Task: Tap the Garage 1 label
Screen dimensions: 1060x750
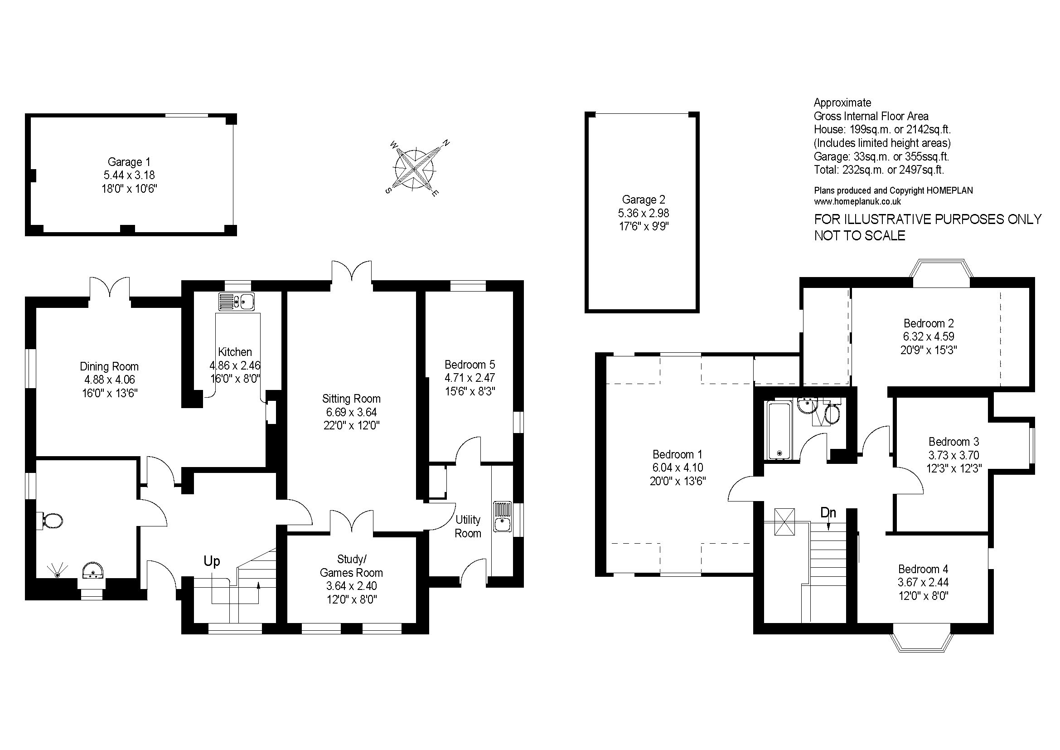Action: click(x=129, y=162)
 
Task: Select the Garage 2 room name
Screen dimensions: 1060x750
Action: click(x=644, y=200)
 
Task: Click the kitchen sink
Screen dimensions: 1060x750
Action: click(x=237, y=302)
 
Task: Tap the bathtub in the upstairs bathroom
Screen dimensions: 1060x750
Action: click(x=780, y=430)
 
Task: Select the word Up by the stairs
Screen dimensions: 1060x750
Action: click(x=212, y=561)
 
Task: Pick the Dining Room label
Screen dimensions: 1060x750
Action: click(x=109, y=367)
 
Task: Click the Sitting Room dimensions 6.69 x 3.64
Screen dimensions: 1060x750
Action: click(x=351, y=412)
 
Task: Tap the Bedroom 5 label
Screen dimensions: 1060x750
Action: click(x=469, y=365)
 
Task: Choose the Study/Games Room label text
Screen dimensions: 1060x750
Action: click(x=351, y=566)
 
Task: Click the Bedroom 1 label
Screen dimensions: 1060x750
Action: click(x=677, y=454)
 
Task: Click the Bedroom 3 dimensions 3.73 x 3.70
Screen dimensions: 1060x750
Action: click(x=954, y=455)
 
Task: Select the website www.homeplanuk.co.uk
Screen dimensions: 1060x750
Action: click(x=857, y=201)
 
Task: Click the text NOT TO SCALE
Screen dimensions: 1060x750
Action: click(x=860, y=235)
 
